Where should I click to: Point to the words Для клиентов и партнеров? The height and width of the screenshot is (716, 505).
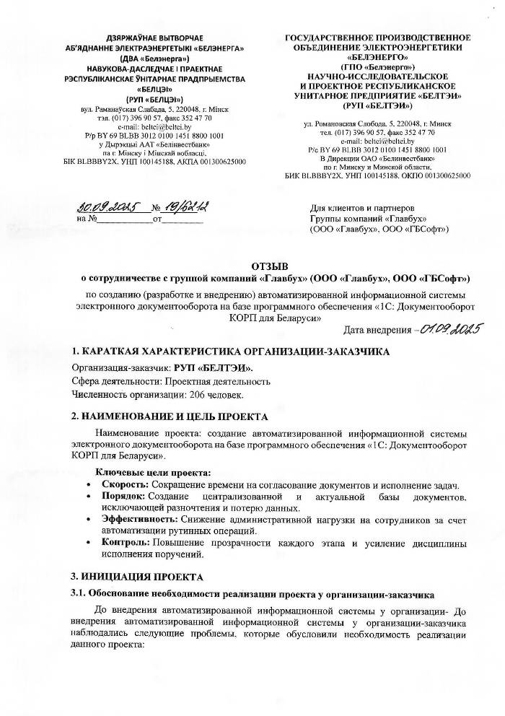click(x=361, y=208)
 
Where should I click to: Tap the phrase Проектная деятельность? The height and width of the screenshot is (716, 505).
click(x=206, y=381)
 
